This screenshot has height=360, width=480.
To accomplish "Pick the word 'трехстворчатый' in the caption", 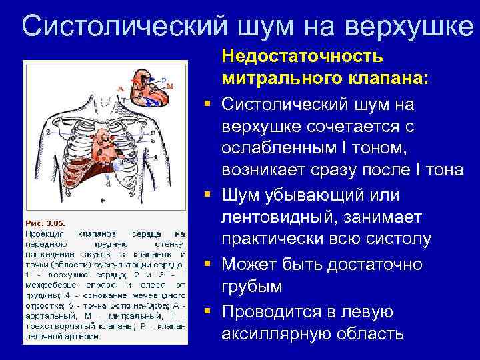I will click(x=53, y=326).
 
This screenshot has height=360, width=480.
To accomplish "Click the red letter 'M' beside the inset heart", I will click(x=169, y=86).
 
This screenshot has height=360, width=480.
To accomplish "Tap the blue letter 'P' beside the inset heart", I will click(x=164, y=79).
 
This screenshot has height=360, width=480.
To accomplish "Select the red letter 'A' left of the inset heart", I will click(x=119, y=88).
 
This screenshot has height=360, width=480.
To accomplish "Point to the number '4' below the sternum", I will click(x=108, y=184).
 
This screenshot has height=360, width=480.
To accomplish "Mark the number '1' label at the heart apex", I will click(x=155, y=157).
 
